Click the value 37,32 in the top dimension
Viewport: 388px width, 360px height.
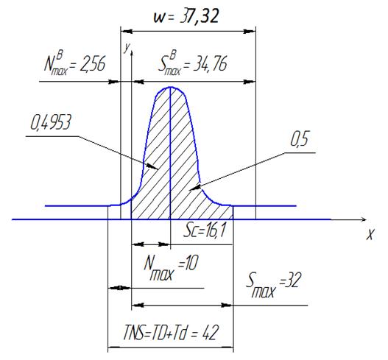coord(200,17)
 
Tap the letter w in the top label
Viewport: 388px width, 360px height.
coord(159,18)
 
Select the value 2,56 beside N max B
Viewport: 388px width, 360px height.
coord(93,64)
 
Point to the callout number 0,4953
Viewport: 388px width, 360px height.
coord(51,122)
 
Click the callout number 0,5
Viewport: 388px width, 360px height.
coord(300,139)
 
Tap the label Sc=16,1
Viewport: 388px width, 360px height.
coord(204,232)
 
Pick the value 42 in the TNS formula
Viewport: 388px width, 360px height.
coord(211,333)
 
